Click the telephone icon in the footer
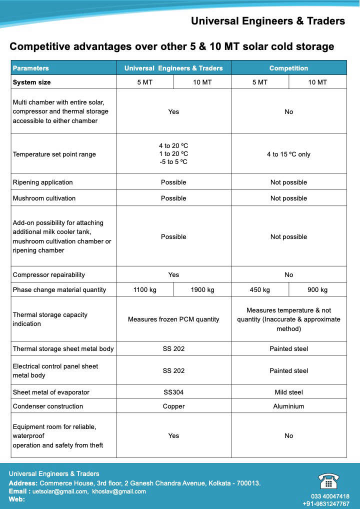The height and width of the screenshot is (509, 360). pos(328,481)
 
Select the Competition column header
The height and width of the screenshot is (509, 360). pos(288,68)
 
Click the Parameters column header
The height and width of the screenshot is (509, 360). pos(31,68)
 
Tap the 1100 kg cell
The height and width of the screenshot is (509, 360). pos(145,289)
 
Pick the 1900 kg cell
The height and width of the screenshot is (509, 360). pos(202,289)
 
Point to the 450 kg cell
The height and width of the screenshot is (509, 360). pos(259,289)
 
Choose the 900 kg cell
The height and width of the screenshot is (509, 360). pos(317,289)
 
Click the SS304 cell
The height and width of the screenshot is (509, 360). pos(173,392)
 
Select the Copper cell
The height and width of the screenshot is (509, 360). pos(173,406)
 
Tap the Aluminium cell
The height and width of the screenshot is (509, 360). pos(288,406)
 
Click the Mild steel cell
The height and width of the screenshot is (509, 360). pos(288,392)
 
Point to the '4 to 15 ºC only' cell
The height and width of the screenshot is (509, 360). pos(288,154)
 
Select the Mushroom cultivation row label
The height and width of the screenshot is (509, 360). pos(44,198)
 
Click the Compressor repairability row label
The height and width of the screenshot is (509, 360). pos(49,274)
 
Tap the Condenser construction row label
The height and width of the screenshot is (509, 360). pos(48,406)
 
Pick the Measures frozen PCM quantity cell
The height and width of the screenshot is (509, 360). pos(173,319)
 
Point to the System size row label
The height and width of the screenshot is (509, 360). pos(31,82)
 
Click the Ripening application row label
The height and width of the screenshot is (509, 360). pos(42,182)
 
